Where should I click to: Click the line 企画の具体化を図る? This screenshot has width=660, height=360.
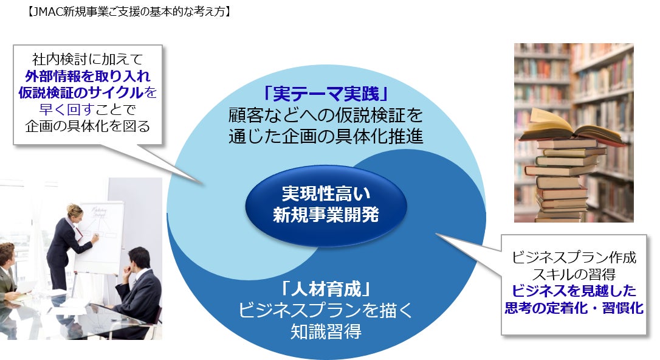pos(88,126)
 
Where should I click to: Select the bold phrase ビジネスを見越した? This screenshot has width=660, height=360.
pos(574,290)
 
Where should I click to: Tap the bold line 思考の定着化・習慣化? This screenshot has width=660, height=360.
pos(574,308)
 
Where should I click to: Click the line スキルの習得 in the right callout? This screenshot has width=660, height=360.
pos(574,274)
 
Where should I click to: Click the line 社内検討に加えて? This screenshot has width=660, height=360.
pos(88,60)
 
